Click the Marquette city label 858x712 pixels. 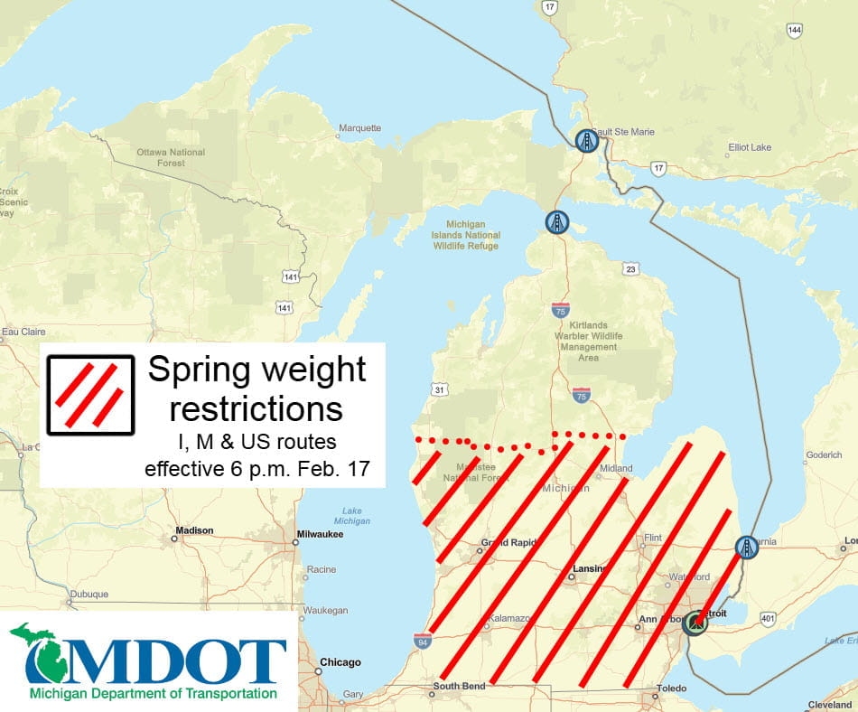pyautogui.click(x=359, y=128)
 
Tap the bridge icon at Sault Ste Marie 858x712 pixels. pyautogui.click(x=587, y=141)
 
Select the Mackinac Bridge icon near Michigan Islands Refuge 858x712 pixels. pyautogui.click(x=557, y=222)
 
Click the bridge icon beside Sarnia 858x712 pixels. pyautogui.click(x=746, y=547)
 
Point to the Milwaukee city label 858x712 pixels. pyautogui.click(x=322, y=534)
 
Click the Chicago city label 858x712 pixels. pyautogui.click(x=340, y=661)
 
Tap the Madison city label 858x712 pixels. pyautogui.click(x=195, y=530)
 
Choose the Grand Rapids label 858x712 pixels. pyautogui.click(x=508, y=544)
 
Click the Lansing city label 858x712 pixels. pyautogui.click(x=588, y=570)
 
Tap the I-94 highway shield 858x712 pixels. pyautogui.click(x=422, y=642)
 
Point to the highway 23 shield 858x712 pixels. pyautogui.click(x=630, y=268)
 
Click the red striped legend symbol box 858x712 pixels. pyautogui.click(x=90, y=395)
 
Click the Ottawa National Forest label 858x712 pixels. pyautogui.click(x=171, y=158)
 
